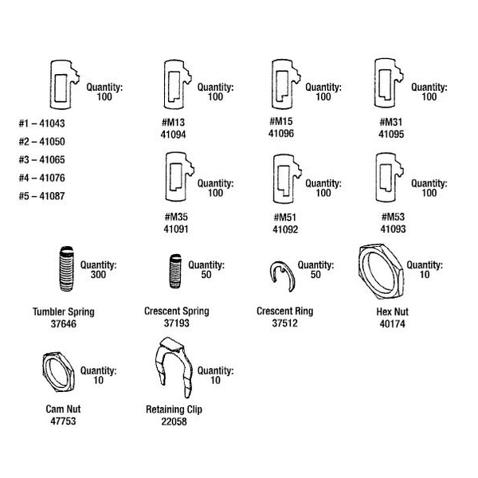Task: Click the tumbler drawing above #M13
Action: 174,83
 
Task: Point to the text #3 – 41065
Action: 41,159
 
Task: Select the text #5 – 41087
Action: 41,196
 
